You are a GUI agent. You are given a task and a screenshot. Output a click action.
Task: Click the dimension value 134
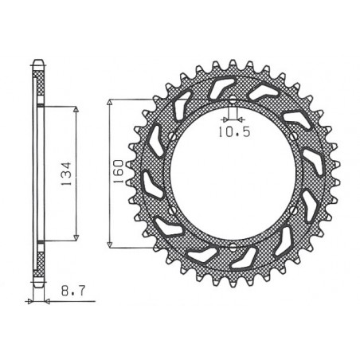point(67,171)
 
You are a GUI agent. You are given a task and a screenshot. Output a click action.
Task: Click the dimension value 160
point(117,171)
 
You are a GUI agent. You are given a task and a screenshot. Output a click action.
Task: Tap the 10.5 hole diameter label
point(230,133)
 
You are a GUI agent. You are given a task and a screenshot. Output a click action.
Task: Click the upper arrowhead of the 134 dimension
point(76,109)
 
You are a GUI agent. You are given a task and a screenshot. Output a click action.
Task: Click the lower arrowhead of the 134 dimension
point(76,237)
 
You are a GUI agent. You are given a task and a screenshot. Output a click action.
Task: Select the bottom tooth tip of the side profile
point(38,285)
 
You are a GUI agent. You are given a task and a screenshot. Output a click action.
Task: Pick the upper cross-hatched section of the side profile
point(38,84)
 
